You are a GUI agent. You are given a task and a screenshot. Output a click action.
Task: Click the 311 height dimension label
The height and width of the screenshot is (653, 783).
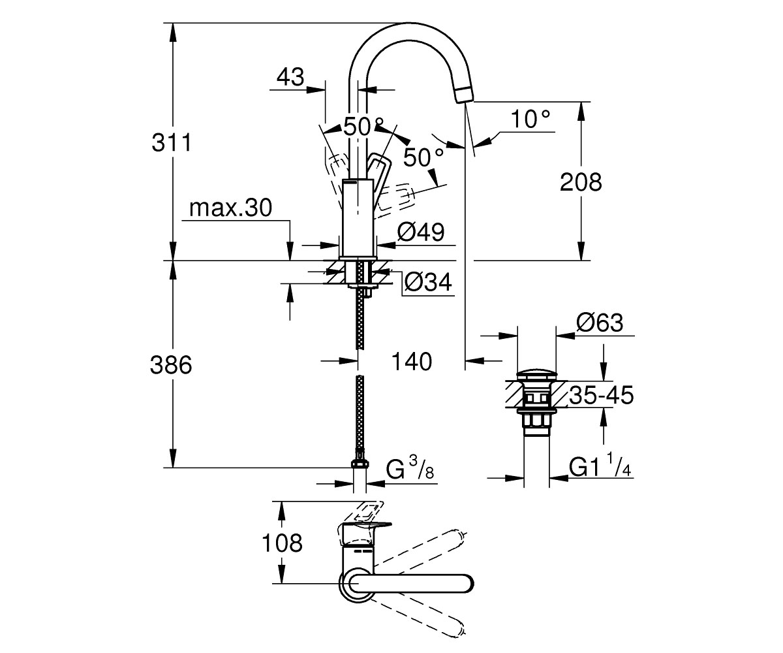[x=172, y=142]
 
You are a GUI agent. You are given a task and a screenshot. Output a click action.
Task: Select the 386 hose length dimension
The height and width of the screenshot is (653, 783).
[x=171, y=364]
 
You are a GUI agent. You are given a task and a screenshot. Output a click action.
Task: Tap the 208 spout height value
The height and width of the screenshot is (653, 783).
[x=581, y=182]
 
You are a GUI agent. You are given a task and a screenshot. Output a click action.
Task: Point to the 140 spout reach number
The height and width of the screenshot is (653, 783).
[x=411, y=361]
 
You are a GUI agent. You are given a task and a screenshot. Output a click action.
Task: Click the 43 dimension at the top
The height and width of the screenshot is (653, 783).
[x=290, y=77]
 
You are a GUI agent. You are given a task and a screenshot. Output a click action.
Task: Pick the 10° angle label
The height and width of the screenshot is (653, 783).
[x=530, y=119]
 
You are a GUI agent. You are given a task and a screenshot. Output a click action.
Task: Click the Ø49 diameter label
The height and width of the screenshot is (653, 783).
[x=421, y=232]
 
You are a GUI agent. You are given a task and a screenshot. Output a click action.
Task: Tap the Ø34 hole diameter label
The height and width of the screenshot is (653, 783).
[x=428, y=281]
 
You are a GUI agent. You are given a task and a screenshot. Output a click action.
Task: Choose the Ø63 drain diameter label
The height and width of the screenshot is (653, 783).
[x=600, y=322]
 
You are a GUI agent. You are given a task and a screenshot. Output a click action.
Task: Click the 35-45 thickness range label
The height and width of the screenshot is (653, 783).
[x=602, y=395]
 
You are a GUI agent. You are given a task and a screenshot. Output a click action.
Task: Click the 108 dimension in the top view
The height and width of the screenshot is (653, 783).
[x=282, y=543]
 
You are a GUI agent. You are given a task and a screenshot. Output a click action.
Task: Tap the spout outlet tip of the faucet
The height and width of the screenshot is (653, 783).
[x=465, y=94]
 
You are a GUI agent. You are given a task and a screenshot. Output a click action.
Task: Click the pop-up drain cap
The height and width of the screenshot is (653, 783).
[x=536, y=375]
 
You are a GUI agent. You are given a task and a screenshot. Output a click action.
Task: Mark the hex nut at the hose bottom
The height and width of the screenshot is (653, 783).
[x=360, y=463]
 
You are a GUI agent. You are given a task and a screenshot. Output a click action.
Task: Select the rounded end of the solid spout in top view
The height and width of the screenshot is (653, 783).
[x=466, y=584]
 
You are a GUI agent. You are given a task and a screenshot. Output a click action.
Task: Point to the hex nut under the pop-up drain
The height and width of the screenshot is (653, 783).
[x=536, y=420]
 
